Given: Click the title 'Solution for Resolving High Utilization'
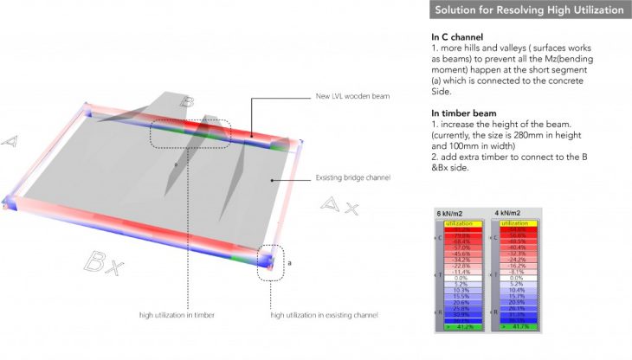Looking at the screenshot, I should (528, 10).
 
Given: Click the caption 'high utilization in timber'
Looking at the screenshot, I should (177, 315).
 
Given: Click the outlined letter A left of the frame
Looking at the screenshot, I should (11, 140).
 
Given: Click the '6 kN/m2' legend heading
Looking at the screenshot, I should (449, 212).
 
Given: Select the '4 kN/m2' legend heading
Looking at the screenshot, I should (507, 212).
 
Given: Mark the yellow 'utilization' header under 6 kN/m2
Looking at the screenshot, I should (461, 223).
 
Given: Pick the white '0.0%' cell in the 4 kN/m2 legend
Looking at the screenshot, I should (519, 277).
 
